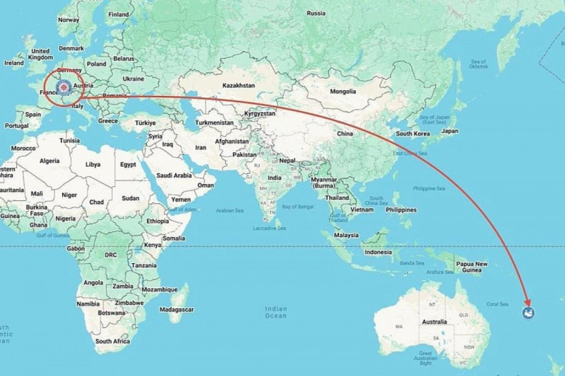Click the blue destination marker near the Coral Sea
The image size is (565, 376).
(x=528, y=313)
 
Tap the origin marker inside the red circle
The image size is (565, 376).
(x=63, y=87)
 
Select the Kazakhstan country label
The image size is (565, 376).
(x=237, y=85)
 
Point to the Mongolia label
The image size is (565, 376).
(x=343, y=91)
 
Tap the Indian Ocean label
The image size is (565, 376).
(x=276, y=311)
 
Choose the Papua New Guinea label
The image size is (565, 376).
(x=472, y=267)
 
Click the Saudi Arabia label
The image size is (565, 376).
(x=173, y=175)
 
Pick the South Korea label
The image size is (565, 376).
(x=412, y=133)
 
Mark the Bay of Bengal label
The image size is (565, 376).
(x=297, y=206)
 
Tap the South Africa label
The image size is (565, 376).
(x=112, y=342)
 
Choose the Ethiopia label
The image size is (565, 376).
(x=157, y=221)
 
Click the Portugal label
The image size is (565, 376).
(x=16, y=125)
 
